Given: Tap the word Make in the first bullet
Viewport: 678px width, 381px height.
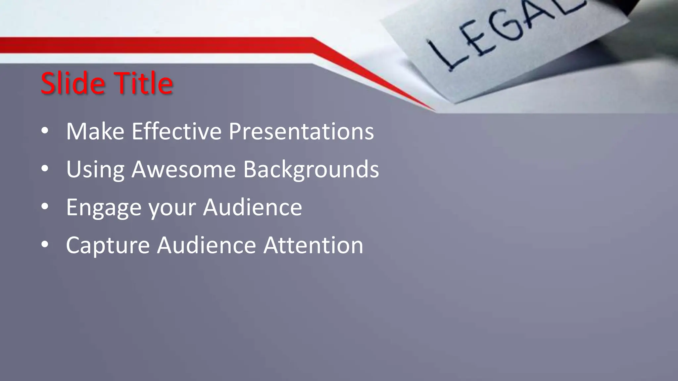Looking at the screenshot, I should click(x=95, y=132).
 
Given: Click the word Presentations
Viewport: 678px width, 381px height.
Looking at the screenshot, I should click(x=301, y=132).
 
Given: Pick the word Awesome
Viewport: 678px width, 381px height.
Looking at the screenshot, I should click(x=183, y=169).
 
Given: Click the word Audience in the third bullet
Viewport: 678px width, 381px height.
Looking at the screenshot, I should click(x=252, y=207).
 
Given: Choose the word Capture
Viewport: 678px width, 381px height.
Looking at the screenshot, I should click(x=108, y=246).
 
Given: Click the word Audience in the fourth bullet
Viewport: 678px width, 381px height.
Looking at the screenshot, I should click(x=206, y=245).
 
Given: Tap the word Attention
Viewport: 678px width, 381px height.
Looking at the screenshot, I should click(x=313, y=245).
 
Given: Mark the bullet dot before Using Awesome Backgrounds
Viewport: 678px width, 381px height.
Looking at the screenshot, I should click(x=45, y=169).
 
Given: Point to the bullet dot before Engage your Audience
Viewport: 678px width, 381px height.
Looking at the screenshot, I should click(x=45, y=207).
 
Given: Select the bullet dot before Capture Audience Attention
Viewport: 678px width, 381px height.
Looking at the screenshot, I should click(x=45, y=245).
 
